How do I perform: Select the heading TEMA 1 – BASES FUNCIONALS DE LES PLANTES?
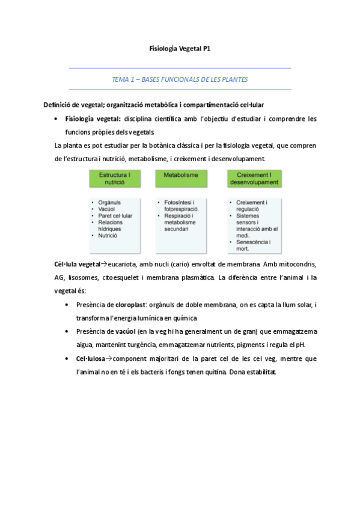coord(180,79)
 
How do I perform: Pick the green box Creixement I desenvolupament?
coord(253,178)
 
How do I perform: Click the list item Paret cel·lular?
coord(115,216)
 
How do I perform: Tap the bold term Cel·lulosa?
coord(90,358)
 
